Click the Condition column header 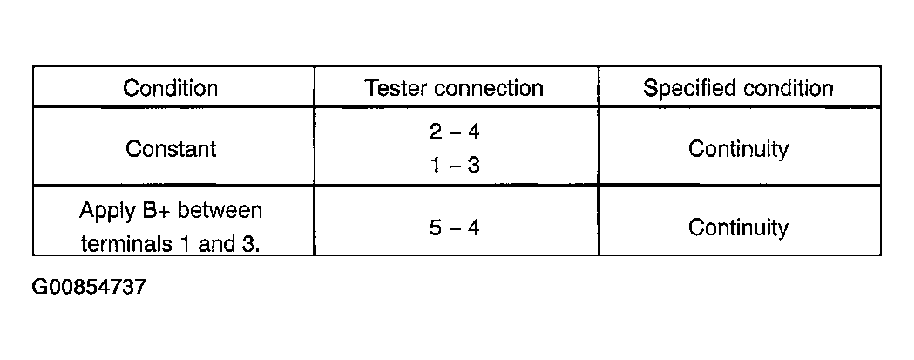pyautogui.click(x=170, y=88)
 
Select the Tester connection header pyautogui.click(x=454, y=88)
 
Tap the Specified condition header pyautogui.click(x=738, y=88)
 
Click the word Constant pyautogui.click(x=171, y=149)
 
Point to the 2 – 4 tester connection pyautogui.click(x=455, y=132)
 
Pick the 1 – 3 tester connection pyautogui.click(x=455, y=166)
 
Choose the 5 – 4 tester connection pyautogui.click(x=455, y=228)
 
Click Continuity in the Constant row pyautogui.click(x=738, y=149)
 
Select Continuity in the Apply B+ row pyautogui.click(x=738, y=228)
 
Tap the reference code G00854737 pyautogui.click(x=89, y=287)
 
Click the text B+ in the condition pyautogui.click(x=153, y=210)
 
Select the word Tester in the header pyautogui.click(x=396, y=88)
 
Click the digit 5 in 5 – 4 pyautogui.click(x=436, y=228)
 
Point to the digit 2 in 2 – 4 pyautogui.click(x=436, y=132)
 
